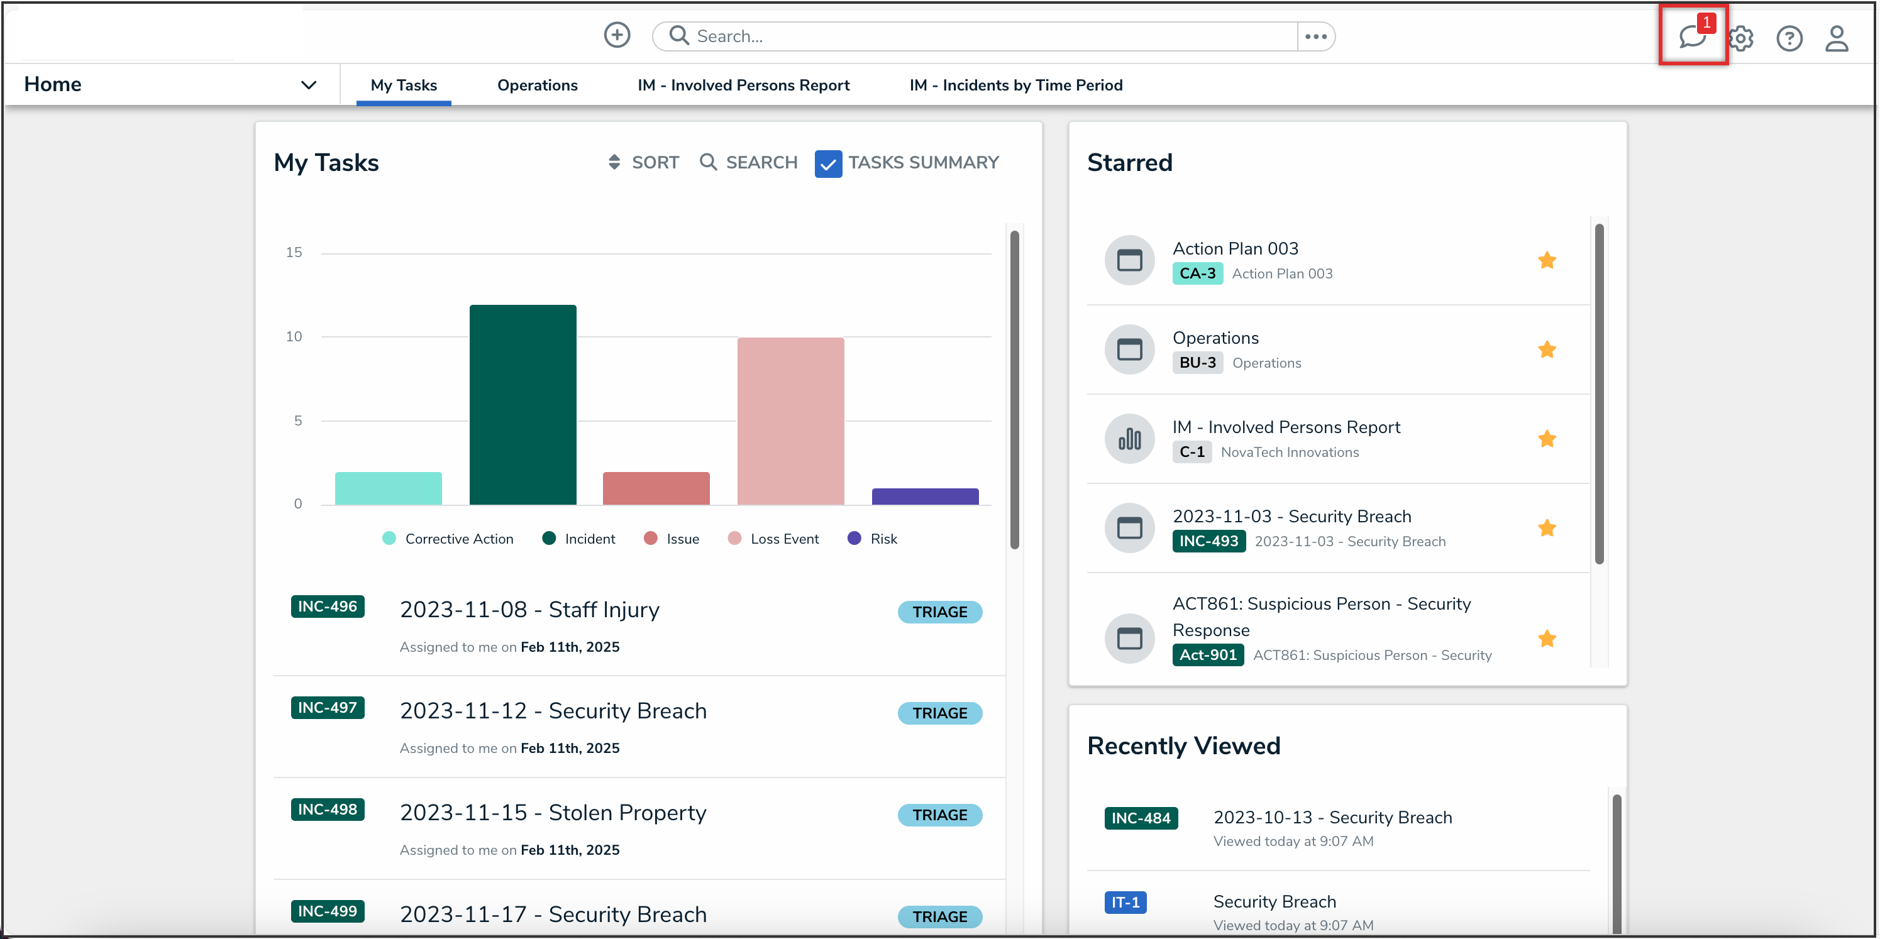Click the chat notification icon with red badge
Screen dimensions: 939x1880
click(1692, 36)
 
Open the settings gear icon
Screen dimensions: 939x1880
click(1741, 38)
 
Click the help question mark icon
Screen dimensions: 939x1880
click(1789, 38)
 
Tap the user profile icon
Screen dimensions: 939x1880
click(1836, 38)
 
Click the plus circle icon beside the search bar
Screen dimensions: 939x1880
click(617, 35)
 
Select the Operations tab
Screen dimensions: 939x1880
click(537, 85)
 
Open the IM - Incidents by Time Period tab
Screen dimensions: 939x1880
click(1015, 85)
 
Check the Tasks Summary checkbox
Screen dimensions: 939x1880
click(827, 163)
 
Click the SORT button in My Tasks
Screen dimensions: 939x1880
click(643, 163)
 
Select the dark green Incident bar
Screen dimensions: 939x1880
click(523, 404)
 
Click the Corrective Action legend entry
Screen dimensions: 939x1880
click(448, 539)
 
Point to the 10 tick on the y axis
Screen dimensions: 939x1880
click(294, 336)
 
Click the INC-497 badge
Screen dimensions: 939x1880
click(327, 708)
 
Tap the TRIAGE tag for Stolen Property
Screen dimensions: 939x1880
click(939, 815)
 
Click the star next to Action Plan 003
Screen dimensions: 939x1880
click(1547, 260)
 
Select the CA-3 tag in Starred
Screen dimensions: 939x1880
click(1197, 273)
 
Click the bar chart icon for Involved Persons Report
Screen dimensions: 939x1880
click(1129, 439)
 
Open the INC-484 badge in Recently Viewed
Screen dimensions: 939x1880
click(1140, 818)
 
